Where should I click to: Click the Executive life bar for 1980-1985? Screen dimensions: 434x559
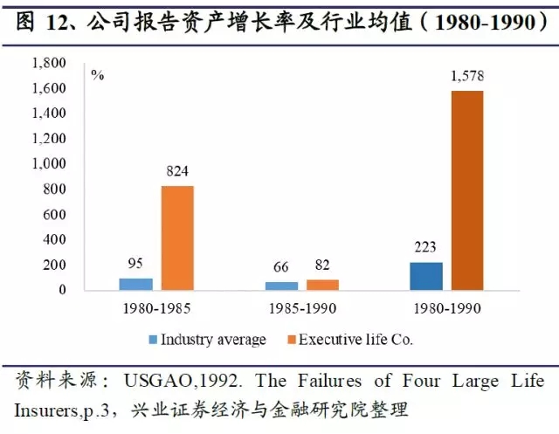click(177, 238)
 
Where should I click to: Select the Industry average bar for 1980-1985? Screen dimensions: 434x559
click(135, 284)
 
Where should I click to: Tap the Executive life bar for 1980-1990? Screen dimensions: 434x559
click(466, 189)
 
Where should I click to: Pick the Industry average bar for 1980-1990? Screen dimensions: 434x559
click(426, 275)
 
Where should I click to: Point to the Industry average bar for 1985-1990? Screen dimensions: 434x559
click(280, 286)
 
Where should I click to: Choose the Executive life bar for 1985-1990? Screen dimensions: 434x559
click(322, 285)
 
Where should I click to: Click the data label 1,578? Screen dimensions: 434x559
click(466, 77)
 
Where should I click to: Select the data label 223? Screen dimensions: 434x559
click(426, 247)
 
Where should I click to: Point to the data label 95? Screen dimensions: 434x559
click(135, 264)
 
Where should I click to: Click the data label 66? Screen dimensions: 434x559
click(281, 267)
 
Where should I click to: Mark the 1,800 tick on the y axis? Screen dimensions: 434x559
click(49, 64)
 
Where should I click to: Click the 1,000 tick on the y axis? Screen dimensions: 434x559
click(49, 164)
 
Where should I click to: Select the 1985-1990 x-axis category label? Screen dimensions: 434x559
click(301, 308)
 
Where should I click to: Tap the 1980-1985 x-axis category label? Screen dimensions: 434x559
click(156, 308)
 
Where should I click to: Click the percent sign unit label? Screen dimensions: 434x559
click(98, 74)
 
